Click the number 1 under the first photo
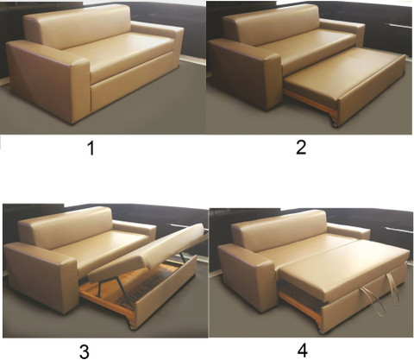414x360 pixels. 91,148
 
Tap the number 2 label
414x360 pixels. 301,148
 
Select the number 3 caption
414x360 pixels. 85,351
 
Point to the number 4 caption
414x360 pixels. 303,351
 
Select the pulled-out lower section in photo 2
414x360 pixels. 343,84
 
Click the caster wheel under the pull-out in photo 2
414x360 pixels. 335,124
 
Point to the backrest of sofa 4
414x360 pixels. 280,231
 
